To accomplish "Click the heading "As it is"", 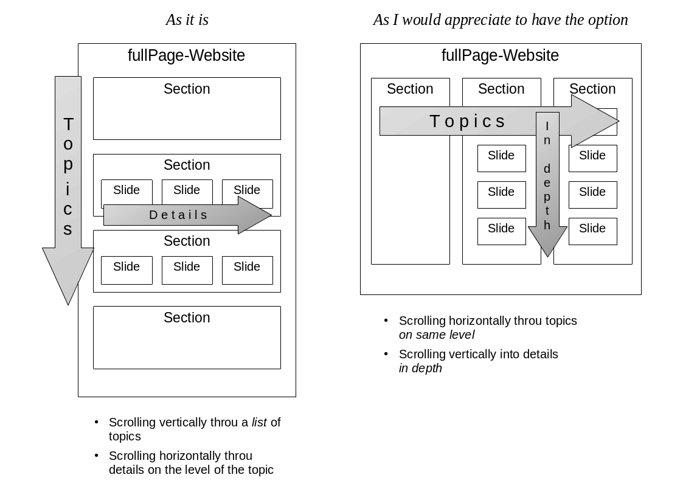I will tap(187, 20).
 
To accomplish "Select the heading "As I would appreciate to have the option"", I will tap(500, 20).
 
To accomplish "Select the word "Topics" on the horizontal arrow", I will tap(467, 121).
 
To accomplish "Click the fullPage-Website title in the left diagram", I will tap(186, 55).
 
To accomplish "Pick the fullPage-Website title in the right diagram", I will tap(500, 55).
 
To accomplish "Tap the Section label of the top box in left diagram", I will tap(187, 89).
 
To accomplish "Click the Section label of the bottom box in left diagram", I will tap(187, 318).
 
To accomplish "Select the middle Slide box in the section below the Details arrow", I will tap(187, 270).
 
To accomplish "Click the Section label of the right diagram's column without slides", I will tap(410, 89).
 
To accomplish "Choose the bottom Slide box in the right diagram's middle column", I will tap(501, 231).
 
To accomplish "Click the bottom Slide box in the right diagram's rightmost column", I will tap(592, 231).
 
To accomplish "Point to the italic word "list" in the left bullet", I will tap(259, 422).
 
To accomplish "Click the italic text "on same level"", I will tap(436, 335).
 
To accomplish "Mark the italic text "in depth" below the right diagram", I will tap(420, 368).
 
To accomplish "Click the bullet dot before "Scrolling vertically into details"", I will tap(386, 354).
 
